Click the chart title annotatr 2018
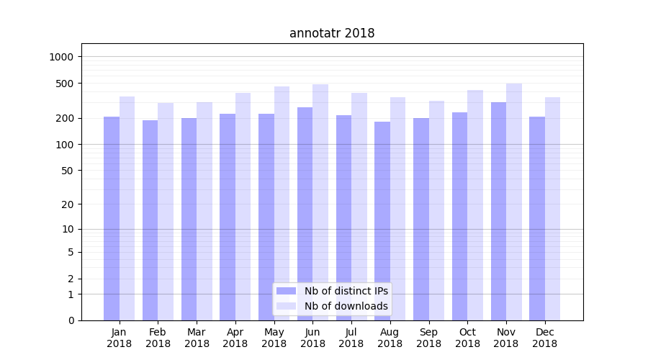pyautogui.click(x=332, y=33)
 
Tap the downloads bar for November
pyautogui.click(x=514, y=202)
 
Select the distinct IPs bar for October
pyautogui.click(x=459, y=216)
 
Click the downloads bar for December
pyautogui.click(x=552, y=209)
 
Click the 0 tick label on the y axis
pyautogui.click(x=71, y=320)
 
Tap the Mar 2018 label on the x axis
pyautogui.click(x=197, y=338)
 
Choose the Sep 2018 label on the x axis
pyautogui.click(x=428, y=338)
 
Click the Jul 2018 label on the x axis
pyautogui.click(x=351, y=338)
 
